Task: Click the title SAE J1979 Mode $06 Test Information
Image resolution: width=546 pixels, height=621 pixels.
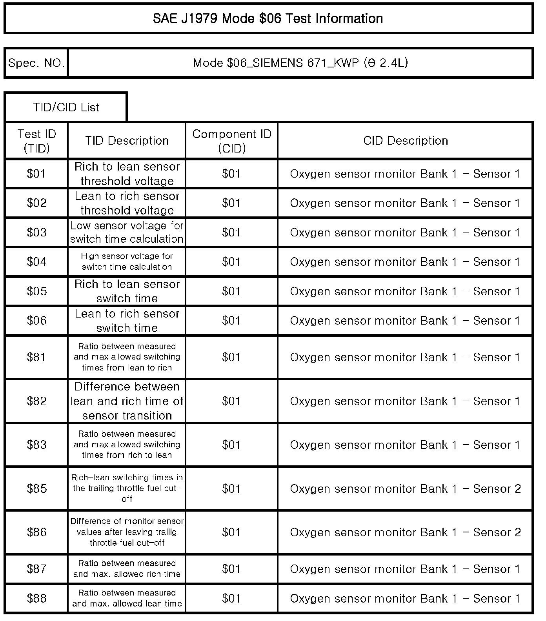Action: coord(268,18)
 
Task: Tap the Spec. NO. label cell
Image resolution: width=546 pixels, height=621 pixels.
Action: coord(36,63)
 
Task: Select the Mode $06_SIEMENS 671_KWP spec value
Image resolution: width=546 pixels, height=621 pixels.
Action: coord(300,63)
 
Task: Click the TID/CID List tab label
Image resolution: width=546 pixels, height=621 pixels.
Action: coord(66,107)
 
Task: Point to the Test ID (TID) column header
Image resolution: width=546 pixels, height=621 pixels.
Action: coord(36,141)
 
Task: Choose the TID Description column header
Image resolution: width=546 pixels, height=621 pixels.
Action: coord(127,141)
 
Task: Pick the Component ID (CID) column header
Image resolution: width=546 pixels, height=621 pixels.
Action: coord(231,141)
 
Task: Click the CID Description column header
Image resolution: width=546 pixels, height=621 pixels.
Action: coord(405,141)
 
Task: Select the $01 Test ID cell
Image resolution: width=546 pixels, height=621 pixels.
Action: coord(36,174)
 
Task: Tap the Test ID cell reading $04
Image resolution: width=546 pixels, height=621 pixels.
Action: coord(36,261)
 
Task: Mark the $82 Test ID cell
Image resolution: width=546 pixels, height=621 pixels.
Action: coord(36,401)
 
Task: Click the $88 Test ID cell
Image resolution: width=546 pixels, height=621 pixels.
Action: coord(36,598)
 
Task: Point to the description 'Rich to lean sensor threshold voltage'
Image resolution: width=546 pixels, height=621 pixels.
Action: coord(127,174)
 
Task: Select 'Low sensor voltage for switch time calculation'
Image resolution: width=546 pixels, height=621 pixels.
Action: coord(127,232)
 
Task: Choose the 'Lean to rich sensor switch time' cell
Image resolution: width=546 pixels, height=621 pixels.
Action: coord(127,321)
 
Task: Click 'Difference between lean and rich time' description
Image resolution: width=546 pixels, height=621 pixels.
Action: coord(127,401)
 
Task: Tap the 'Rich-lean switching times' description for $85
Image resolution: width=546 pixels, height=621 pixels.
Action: coord(127,488)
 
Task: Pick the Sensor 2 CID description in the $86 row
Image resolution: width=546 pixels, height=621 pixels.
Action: coord(405,532)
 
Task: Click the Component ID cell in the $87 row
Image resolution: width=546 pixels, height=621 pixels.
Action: coord(231,569)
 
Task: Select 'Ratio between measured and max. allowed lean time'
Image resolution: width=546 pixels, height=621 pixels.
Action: coord(127,598)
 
